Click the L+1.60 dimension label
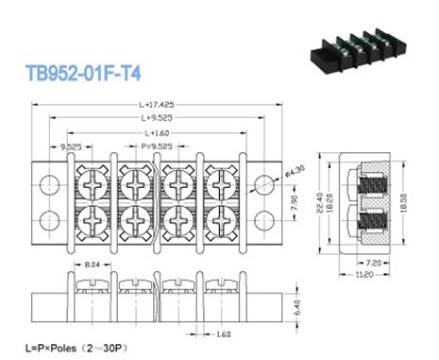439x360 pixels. point(153,133)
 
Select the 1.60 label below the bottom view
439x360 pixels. point(222,334)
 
